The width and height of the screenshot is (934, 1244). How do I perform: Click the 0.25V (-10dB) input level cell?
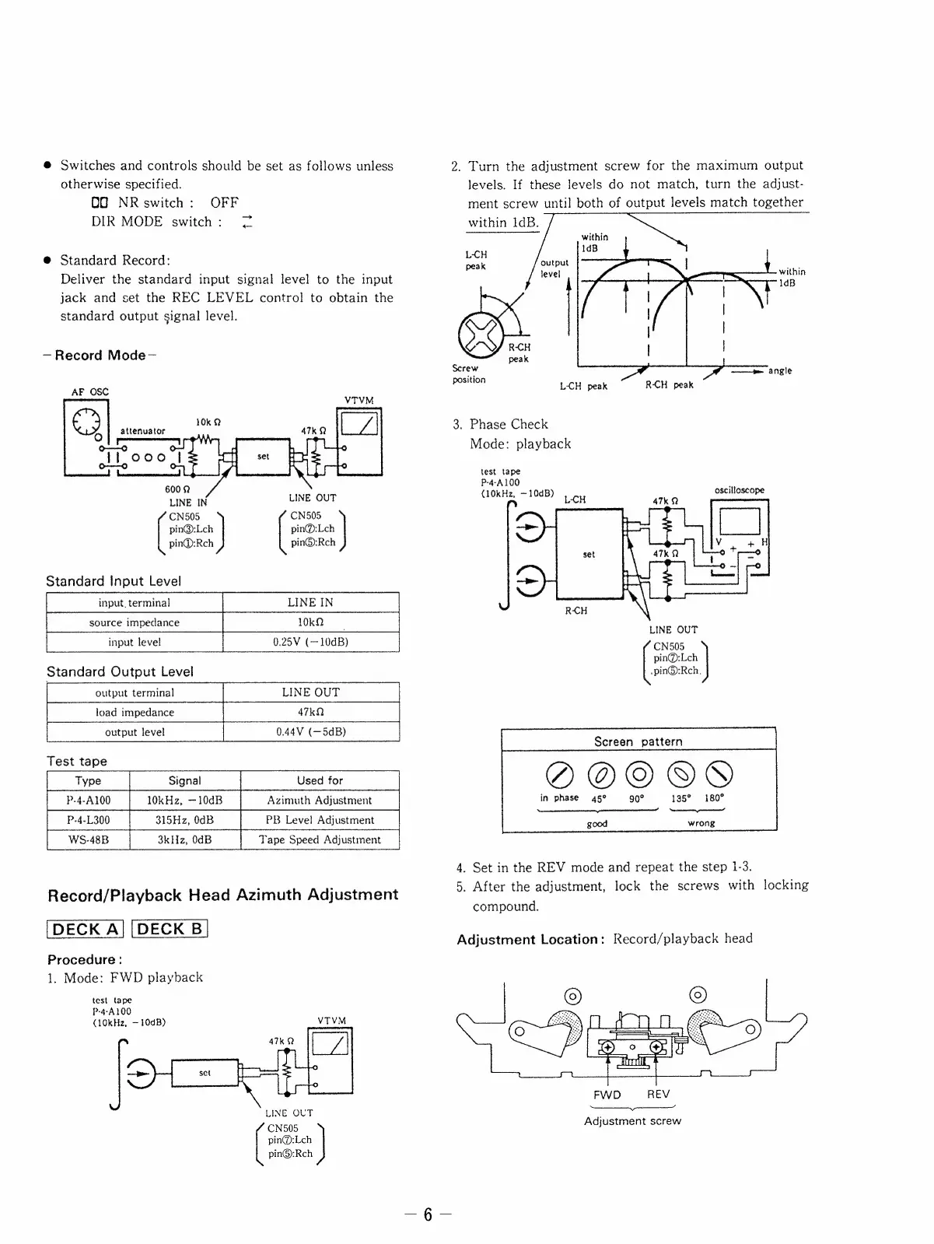point(310,642)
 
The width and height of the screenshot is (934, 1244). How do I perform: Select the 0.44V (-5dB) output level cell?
point(311,732)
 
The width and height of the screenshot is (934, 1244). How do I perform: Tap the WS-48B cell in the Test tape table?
point(88,839)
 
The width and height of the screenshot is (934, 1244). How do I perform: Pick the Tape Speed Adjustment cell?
point(320,839)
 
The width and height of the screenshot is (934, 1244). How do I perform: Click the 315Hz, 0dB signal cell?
point(184,820)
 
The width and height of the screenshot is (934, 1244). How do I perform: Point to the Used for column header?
point(320,780)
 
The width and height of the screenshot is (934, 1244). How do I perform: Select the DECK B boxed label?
point(170,929)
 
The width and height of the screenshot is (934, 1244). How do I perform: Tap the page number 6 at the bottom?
point(427,1215)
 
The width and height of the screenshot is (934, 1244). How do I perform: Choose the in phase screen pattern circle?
point(559,773)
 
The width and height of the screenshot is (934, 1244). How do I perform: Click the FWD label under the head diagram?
point(607,1095)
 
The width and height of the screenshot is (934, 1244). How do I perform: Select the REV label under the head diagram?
point(658,1095)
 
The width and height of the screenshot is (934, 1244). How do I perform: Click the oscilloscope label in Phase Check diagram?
point(739,490)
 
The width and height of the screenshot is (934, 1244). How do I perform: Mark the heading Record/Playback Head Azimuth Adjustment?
point(223,895)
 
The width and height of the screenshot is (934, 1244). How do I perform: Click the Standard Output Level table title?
point(120,671)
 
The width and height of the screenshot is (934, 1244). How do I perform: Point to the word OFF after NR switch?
point(224,203)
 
